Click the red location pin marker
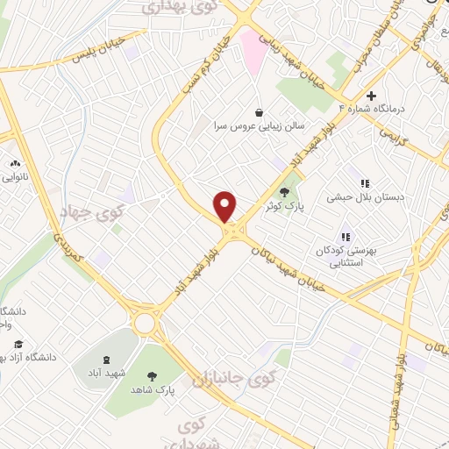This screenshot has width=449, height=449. pos(226,207)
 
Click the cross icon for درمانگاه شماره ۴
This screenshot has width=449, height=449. pos(372,96)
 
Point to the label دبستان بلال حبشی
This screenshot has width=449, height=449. pos(365,198)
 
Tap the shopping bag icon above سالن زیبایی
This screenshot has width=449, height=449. pos(259,112)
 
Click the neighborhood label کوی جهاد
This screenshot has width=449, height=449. pos(92,211)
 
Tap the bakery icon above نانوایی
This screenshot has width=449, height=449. pos(15,162)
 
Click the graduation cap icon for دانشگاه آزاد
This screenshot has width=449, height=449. pos(19,343)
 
